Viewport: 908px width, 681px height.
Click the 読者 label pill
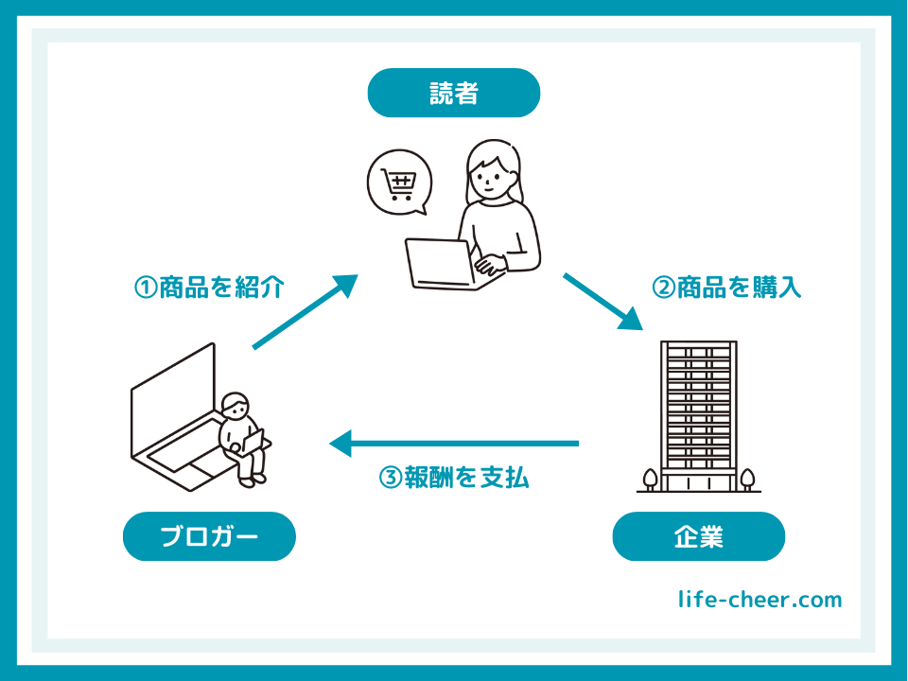click(x=453, y=93)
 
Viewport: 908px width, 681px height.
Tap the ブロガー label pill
click(x=209, y=536)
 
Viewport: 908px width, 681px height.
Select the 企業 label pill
click(x=698, y=536)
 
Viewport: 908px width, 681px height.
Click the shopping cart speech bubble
click(x=399, y=183)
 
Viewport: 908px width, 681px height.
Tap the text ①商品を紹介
click(x=209, y=288)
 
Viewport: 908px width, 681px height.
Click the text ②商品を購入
click(x=726, y=288)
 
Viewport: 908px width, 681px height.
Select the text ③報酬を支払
click(x=453, y=478)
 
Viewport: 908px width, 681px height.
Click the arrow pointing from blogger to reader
click(x=306, y=311)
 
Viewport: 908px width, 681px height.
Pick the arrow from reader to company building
click(x=602, y=302)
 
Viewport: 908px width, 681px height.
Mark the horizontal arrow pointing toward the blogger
click(x=453, y=444)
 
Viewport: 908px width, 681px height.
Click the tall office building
click(x=698, y=416)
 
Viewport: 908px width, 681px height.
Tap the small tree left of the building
click(x=650, y=480)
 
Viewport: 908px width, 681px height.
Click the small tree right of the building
click(x=747, y=480)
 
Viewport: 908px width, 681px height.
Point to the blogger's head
click(x=235, y=405)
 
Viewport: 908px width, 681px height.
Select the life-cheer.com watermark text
click(x=760, y=600)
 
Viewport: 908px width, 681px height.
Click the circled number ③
click(x=391, y=479)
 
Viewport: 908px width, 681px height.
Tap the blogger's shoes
click(x=253, y=480)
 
